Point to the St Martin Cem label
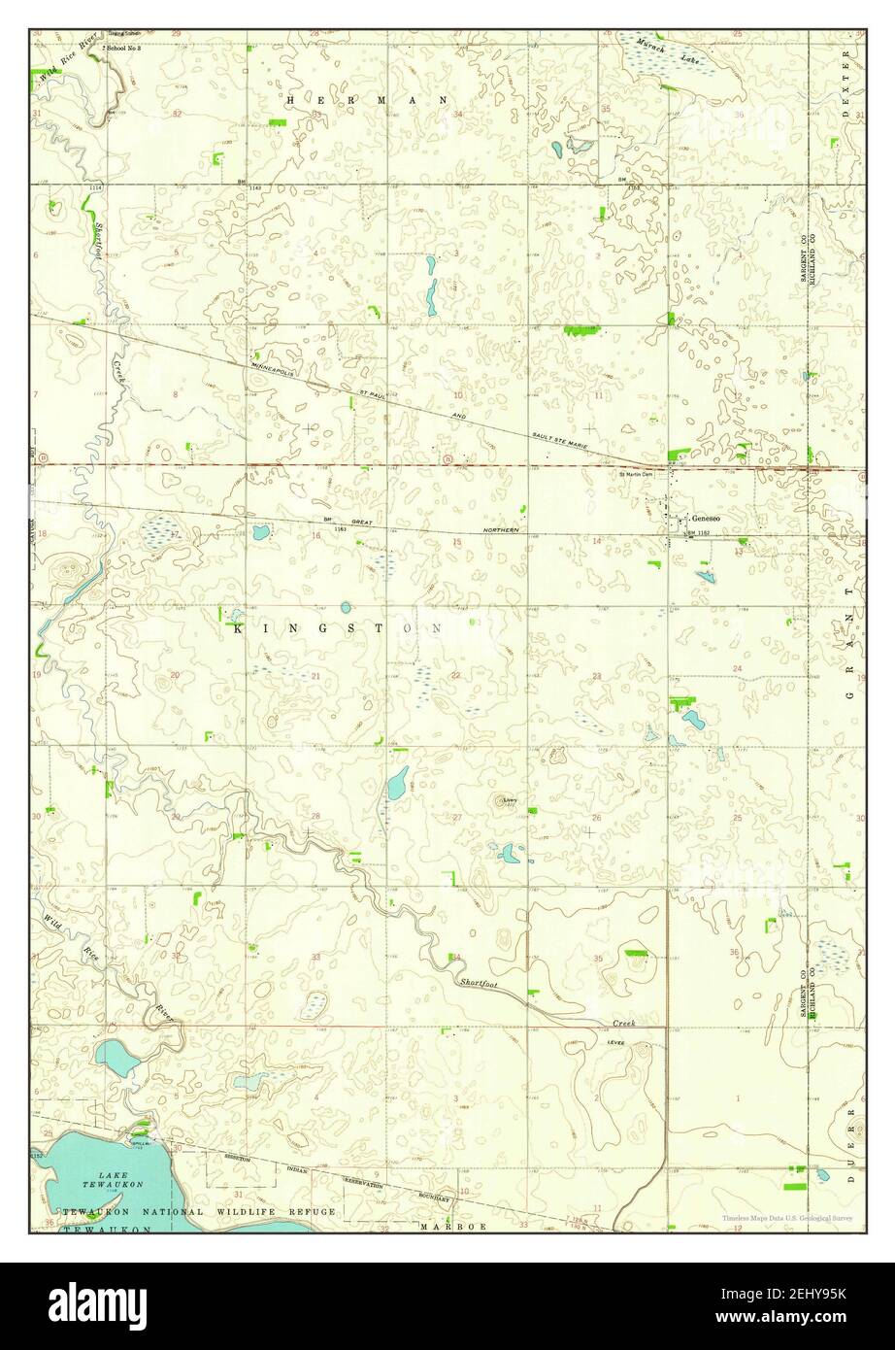pyautogui.click(x=636, y=475)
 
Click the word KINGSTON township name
pyautogui.click(x=337, y=629)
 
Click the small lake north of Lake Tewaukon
pyautogui.click(x=116, y=1057)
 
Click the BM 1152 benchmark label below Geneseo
pyautogui.click(x=701, y=534)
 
